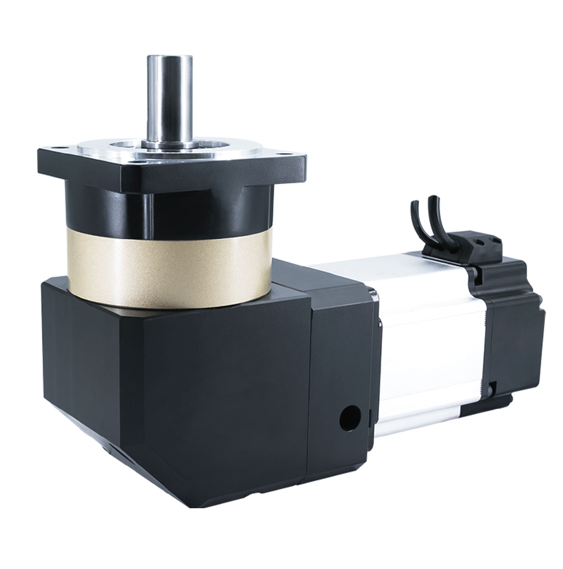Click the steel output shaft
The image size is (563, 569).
click(x=169, y=101)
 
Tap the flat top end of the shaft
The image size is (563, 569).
click(x=169, y=57)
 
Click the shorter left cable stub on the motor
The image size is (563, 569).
click(x=415, y=217)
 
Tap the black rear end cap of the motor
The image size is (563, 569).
click(x=517, y=334)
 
